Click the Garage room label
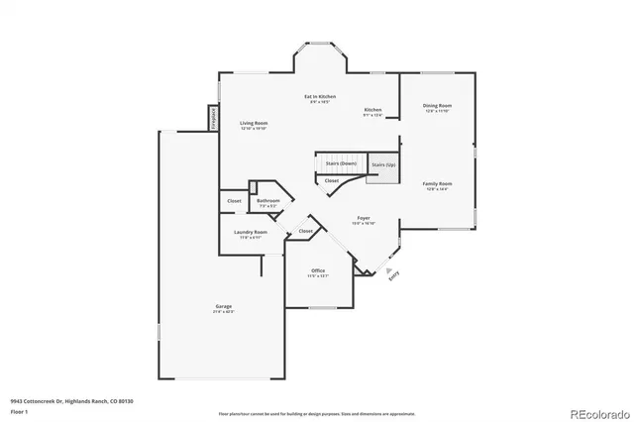point(224,308)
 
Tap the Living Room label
point(254,125)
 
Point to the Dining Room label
point(437,107)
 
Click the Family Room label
point(437,185)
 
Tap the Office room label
point(318,271)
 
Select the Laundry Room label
point(251,234)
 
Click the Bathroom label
point(267,202)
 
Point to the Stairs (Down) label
point(341,162)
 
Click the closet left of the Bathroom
point(234,201)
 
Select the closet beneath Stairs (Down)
point(331,180)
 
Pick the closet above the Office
point(305,231)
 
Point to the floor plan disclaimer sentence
point(318,412)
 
